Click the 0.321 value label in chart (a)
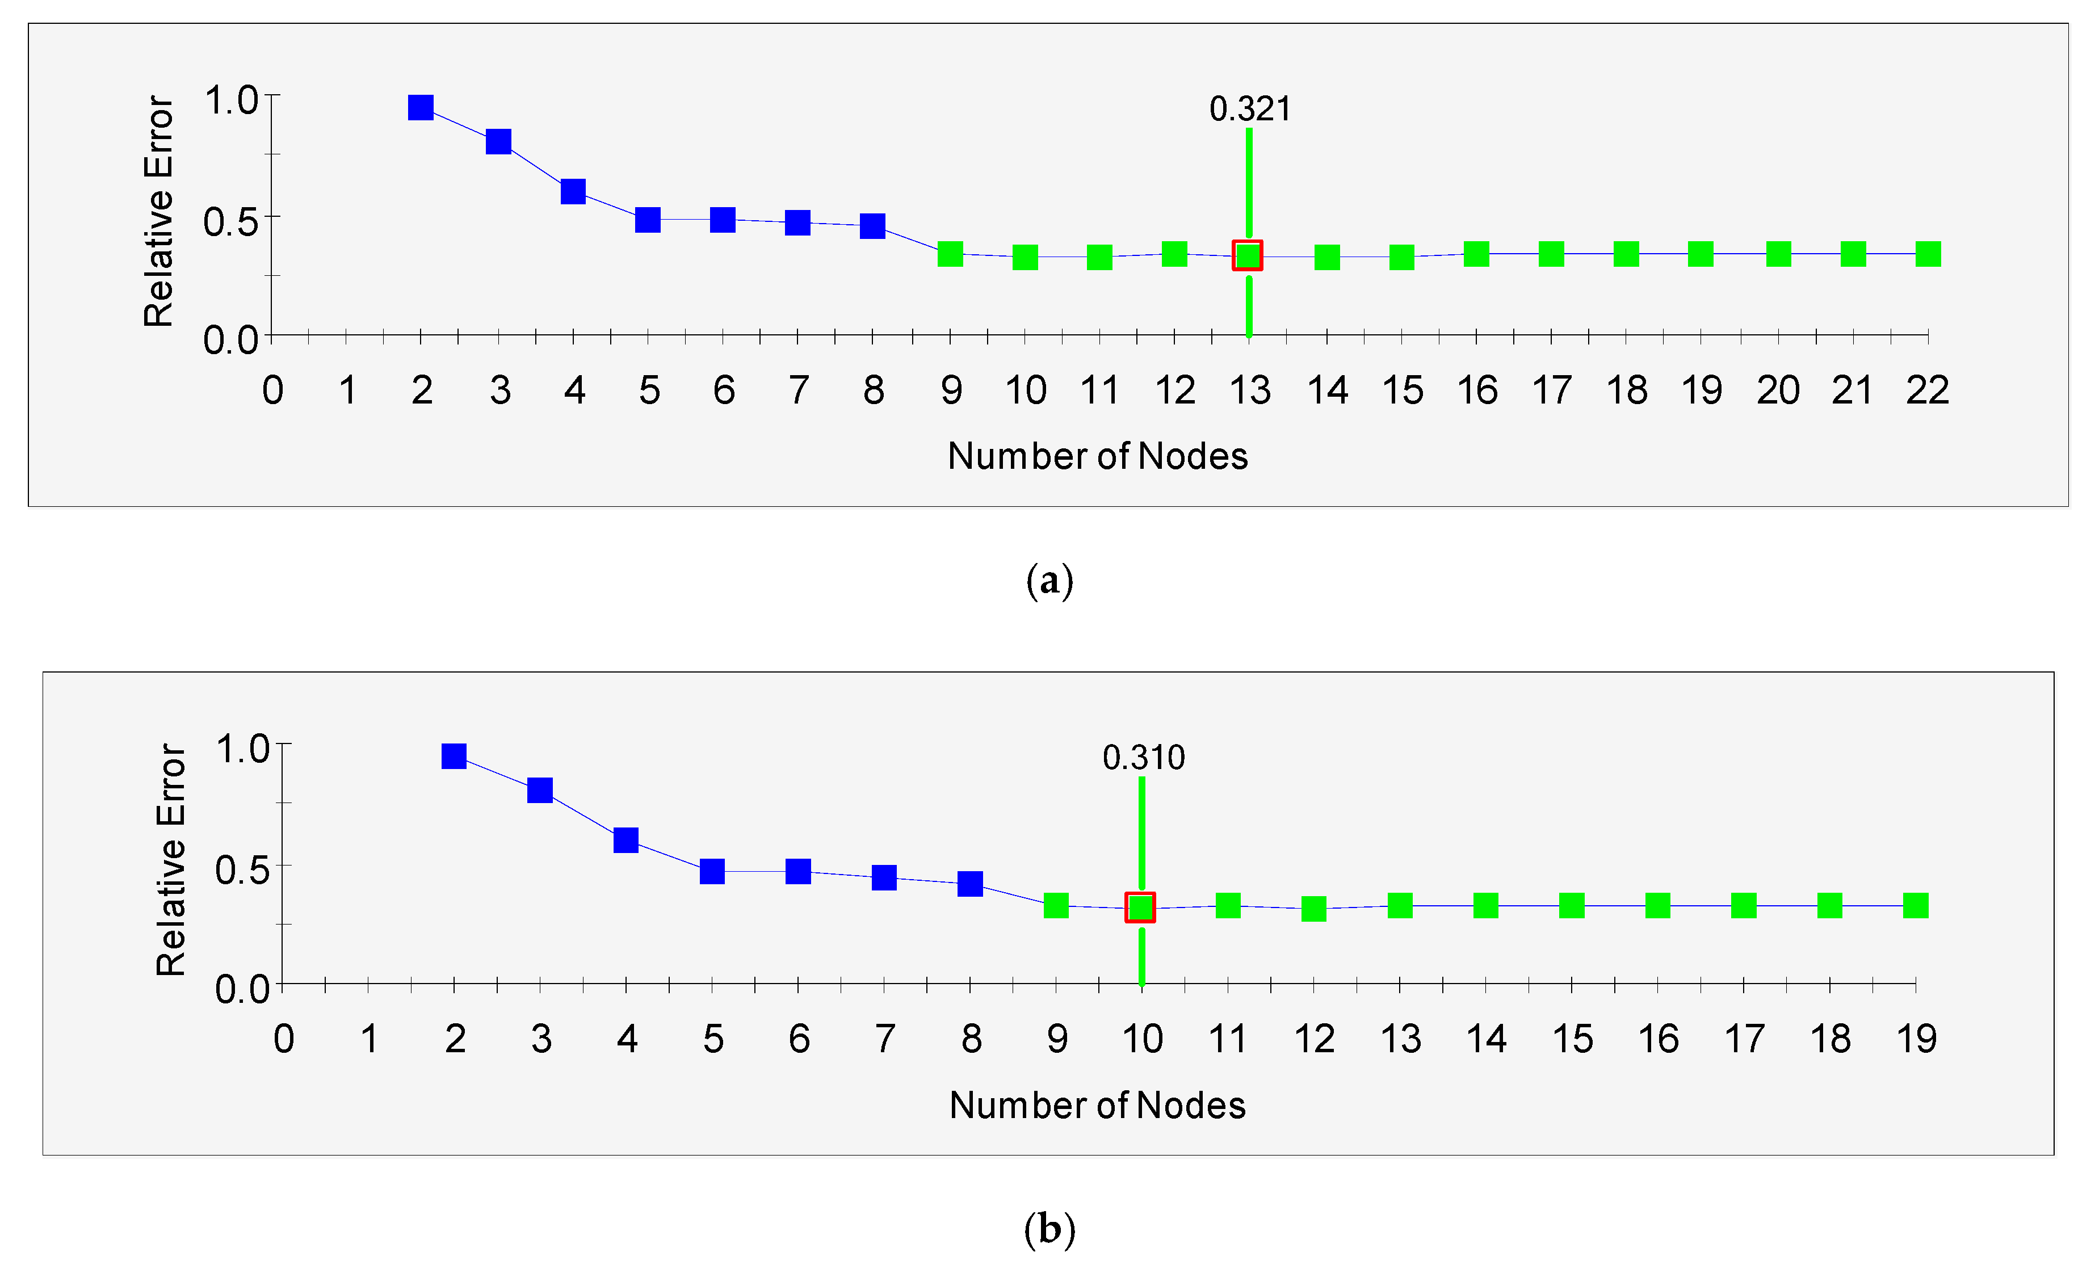[1250, 109]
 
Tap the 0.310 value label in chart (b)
[1144, 758]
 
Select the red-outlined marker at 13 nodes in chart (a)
[1248, 255]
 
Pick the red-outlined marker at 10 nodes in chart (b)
[1140, 908]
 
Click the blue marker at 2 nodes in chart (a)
[421, 107]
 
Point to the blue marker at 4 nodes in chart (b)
[626, 840]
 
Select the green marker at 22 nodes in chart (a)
[1928, 254]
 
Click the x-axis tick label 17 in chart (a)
[1552, 391]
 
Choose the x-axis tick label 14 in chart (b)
[1486, 1039]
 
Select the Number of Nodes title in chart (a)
[1098, 457]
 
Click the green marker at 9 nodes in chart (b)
[1056, 906]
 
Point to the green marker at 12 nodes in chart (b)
[1313, 909]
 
